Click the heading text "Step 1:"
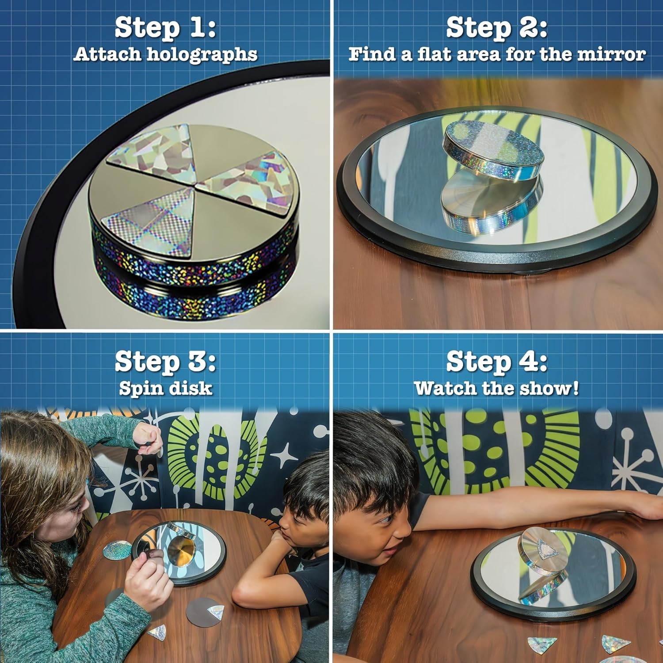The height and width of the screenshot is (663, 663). [165, 27]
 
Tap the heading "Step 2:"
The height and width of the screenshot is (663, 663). [497, 27]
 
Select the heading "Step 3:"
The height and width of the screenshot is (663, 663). [165, 362]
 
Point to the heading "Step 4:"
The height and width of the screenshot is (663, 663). [497, 362]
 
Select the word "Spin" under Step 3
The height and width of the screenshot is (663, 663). [137, 389]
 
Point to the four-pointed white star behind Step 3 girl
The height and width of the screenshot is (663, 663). [285, 455]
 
